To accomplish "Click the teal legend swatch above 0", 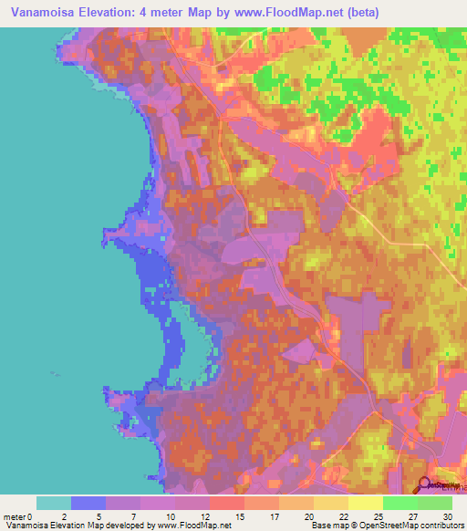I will pos(53,503).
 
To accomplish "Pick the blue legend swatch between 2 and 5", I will pos(88,503).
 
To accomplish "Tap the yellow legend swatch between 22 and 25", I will pos(365,503).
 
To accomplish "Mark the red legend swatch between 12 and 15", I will pos(227,503).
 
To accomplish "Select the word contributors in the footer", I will pos(441,526).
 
